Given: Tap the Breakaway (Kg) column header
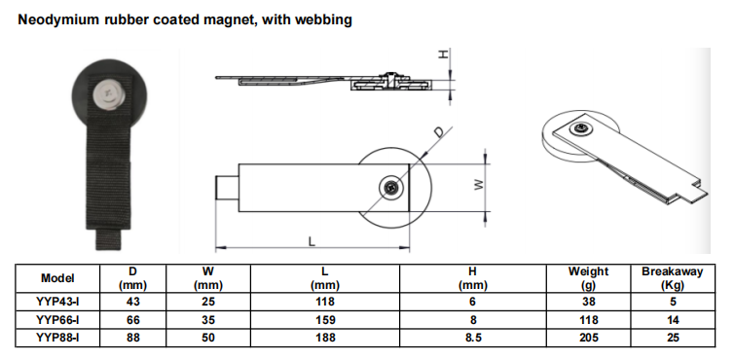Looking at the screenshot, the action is pos(673,278).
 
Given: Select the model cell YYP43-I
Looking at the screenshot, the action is pos(57,302).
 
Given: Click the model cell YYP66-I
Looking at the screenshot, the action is pos(57,320).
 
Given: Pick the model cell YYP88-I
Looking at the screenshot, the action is pos(57,338).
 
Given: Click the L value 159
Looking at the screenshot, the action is pos(325,320).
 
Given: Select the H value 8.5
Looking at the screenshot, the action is pos(473,338).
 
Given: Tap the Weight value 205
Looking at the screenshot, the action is pos(588,338).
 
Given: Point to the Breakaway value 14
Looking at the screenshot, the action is pos(673,320).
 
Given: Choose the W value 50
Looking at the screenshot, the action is pos(208,338).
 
